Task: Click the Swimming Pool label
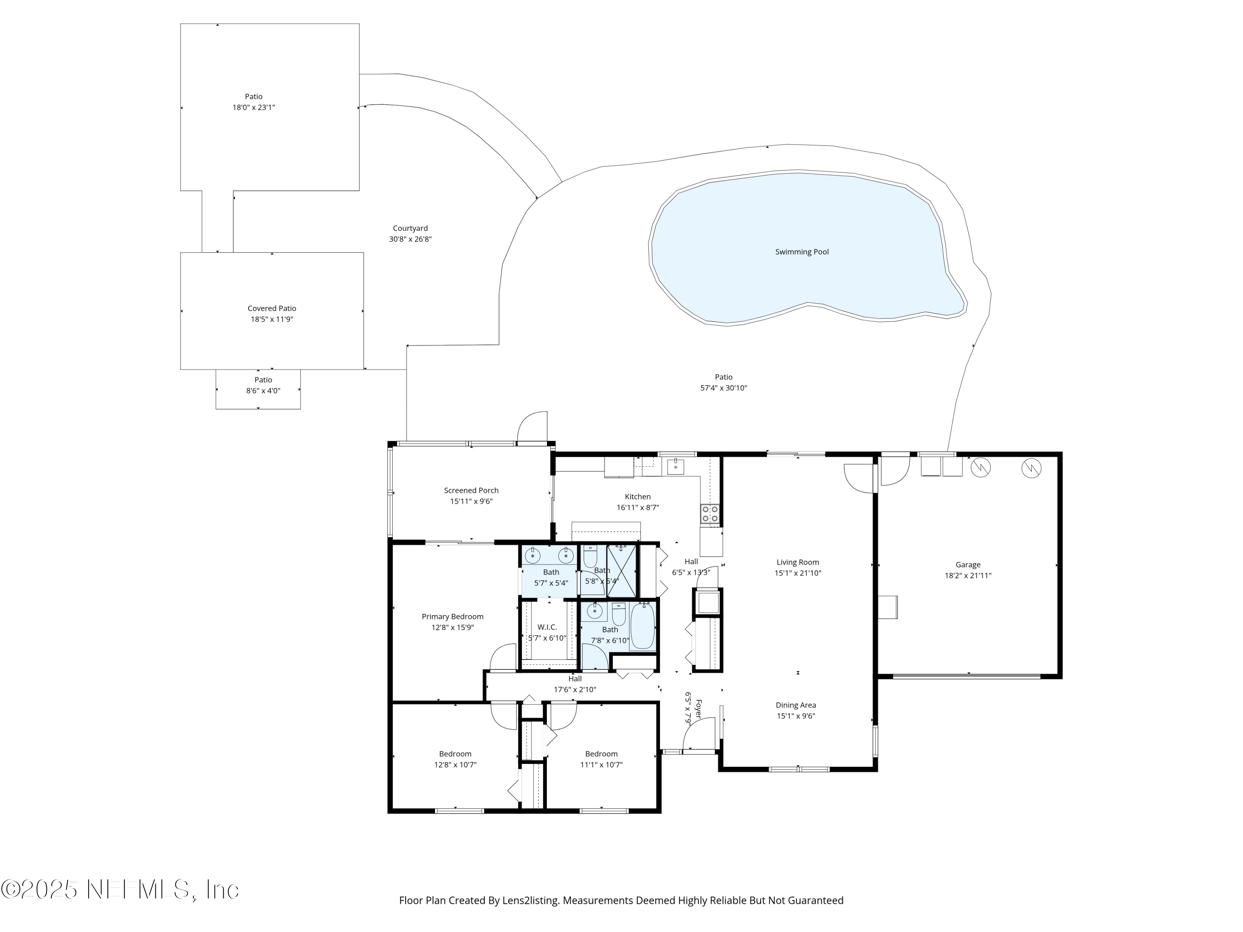pyautogui.click(x=802, y=252)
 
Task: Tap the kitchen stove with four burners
pyautogui.click(x=710, y=514)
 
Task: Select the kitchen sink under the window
pyautogui.click(x=675, y=467)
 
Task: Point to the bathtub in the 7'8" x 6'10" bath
pyautogui.click(x=642, y=626)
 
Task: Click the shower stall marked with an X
pyautogui.click(x=621, y=570)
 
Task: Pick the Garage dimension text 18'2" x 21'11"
pyautogui.click(x=967, y=576)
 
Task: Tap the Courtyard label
pyautogui.click(x=410, y=229)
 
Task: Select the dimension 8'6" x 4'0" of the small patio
pyautogui.click(x=263, y=391)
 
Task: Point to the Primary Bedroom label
pyautogui.click(x=452, y=617)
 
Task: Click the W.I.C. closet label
pyautogui.click(x=547, y=628)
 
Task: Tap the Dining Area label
pyautogui.click(x=796, y=705)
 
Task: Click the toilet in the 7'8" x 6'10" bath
pyautogui.click(x=619, y=614)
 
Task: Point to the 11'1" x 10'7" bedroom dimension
pyautogui.click(x=601, y=765)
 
